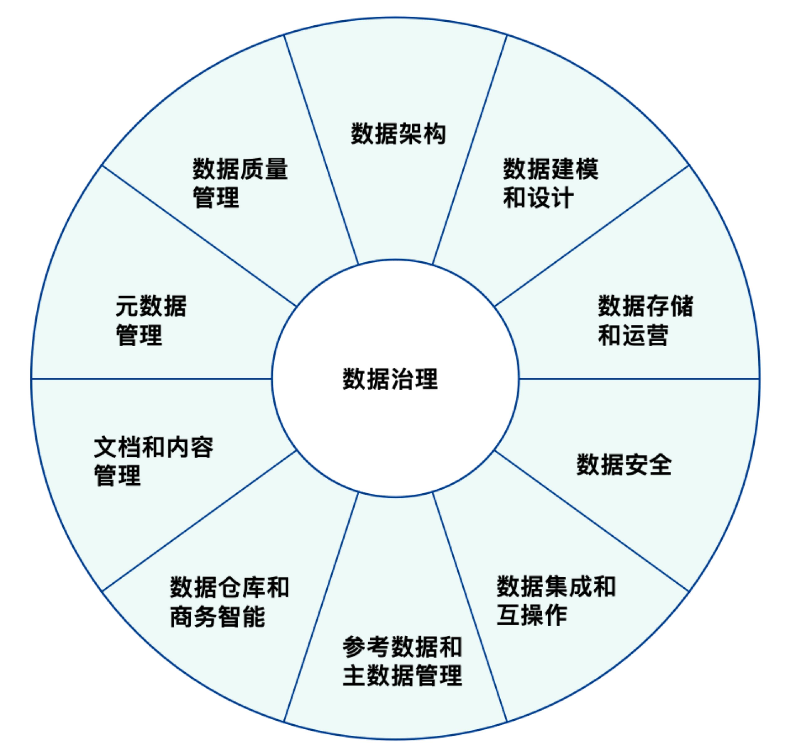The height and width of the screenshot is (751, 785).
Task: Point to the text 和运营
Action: (633, 335)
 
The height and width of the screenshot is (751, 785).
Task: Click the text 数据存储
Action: (645, 306)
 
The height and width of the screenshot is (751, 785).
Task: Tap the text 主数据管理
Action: (402, 675)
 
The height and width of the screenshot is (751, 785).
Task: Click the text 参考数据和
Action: (402, 647)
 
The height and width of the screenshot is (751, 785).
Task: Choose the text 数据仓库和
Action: (229, 587)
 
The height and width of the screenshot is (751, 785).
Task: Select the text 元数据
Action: (151, 306)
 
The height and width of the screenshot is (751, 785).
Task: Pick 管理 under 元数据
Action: (139, 335)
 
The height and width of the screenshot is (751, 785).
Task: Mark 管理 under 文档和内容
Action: (117, 476)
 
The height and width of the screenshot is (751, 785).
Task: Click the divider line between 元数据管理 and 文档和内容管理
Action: (152, 378)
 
